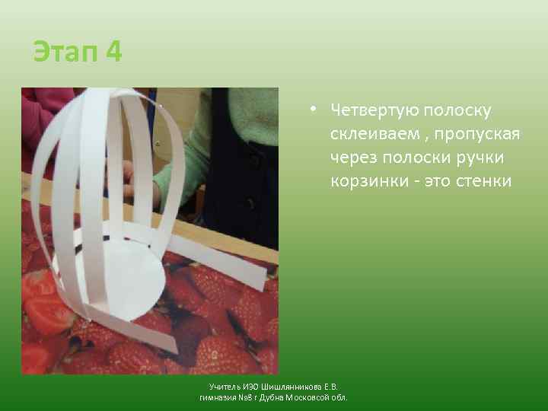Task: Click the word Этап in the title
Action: click(x=66, y=53)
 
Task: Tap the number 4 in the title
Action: click(x=113, y=53)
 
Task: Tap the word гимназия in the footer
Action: click(x=215, y=397)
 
